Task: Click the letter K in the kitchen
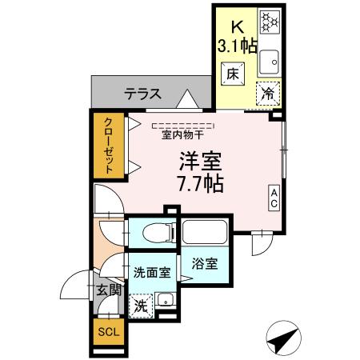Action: (x=238, y=27)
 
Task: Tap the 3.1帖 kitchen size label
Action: (x=238, y=45)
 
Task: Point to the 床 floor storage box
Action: (x=232, y=73)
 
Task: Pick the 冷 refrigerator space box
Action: (x=269, y=92)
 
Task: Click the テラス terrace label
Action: (x=143, y=94)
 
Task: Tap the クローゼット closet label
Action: (x=106, y=146)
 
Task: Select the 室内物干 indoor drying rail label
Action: (x=182, y=134)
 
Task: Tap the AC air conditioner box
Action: (x=273, y=198)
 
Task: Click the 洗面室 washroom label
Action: (x=150, y=271)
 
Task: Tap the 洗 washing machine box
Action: (x=140, y=304)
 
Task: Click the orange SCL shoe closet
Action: (x=106, y=332)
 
